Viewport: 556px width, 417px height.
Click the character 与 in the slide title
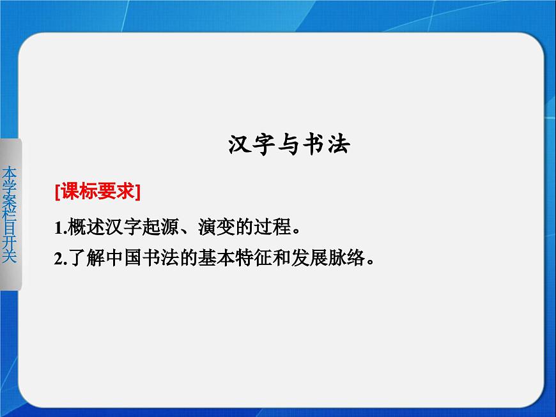click(289, 145)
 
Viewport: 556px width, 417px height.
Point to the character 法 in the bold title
click(338, 145)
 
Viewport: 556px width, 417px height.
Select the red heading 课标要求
click(98, 190)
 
